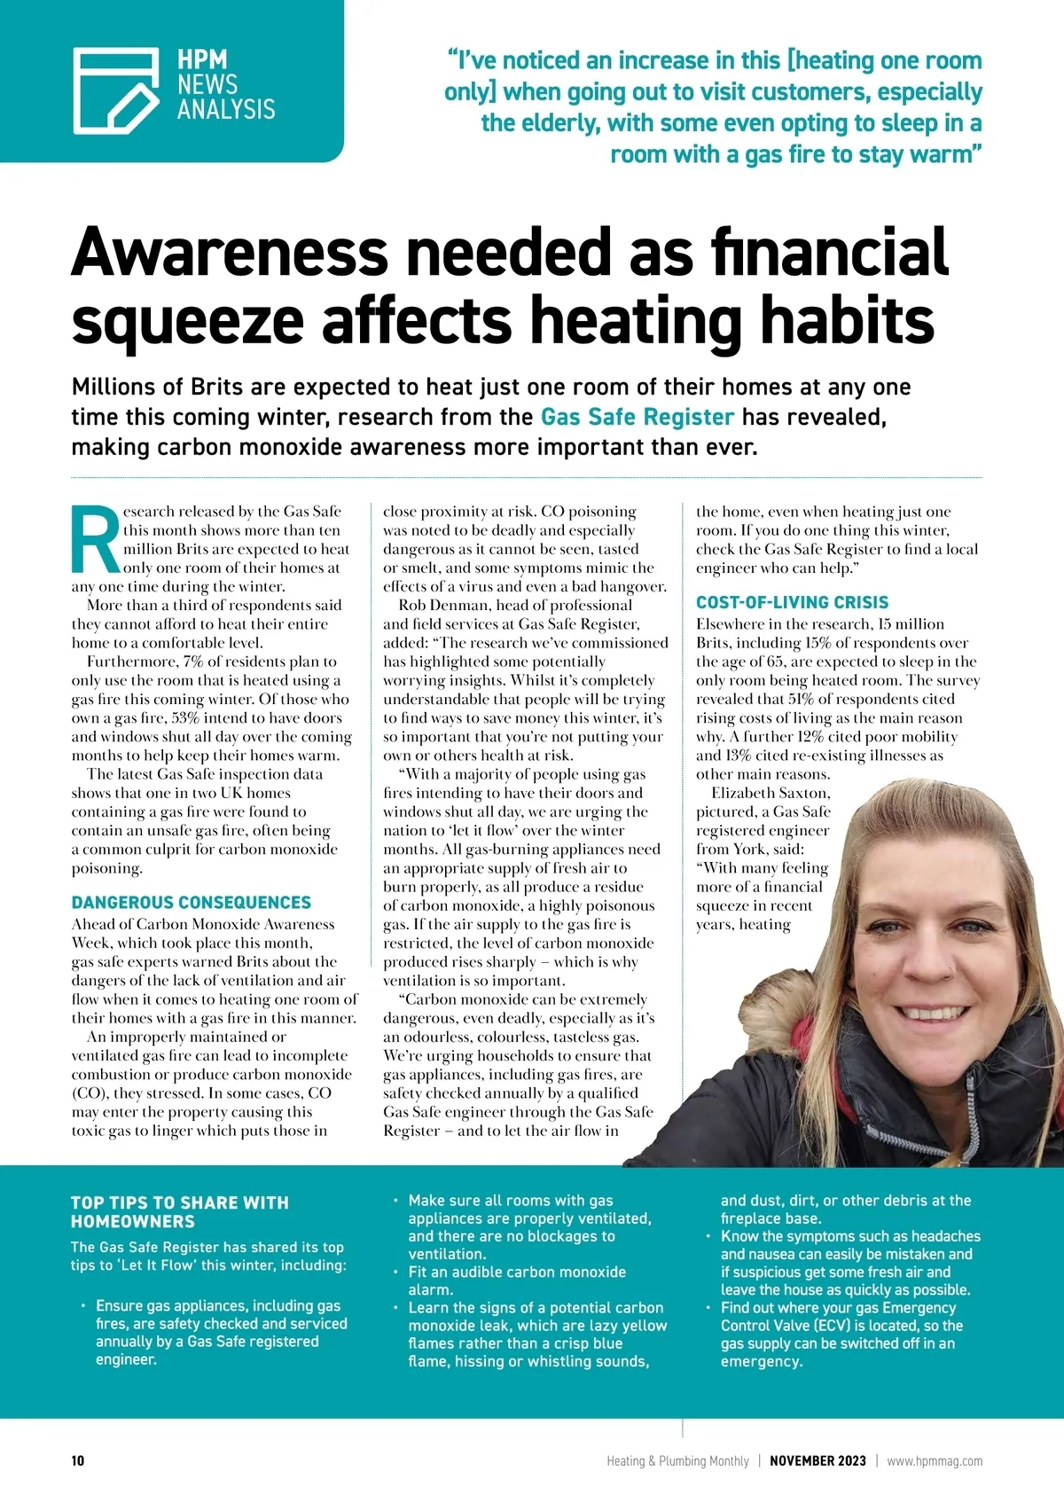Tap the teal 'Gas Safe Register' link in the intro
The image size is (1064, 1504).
click(x=638, y=417)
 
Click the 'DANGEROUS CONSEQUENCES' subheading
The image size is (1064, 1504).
click(x=192, y=903)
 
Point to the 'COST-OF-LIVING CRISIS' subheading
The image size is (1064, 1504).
click(x=792, y=602)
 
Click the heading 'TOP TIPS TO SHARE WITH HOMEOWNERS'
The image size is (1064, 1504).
click(x=180, y=1211)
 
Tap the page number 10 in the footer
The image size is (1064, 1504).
click(x=78, y=1461)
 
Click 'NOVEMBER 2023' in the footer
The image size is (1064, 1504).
click(x=818, y=1461)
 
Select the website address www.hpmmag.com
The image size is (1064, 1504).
click(x=935, y=1461)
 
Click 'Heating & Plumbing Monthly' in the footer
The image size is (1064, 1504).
click(x=677, y=1461)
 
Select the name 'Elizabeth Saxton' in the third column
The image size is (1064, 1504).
click(x=771, y=793)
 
